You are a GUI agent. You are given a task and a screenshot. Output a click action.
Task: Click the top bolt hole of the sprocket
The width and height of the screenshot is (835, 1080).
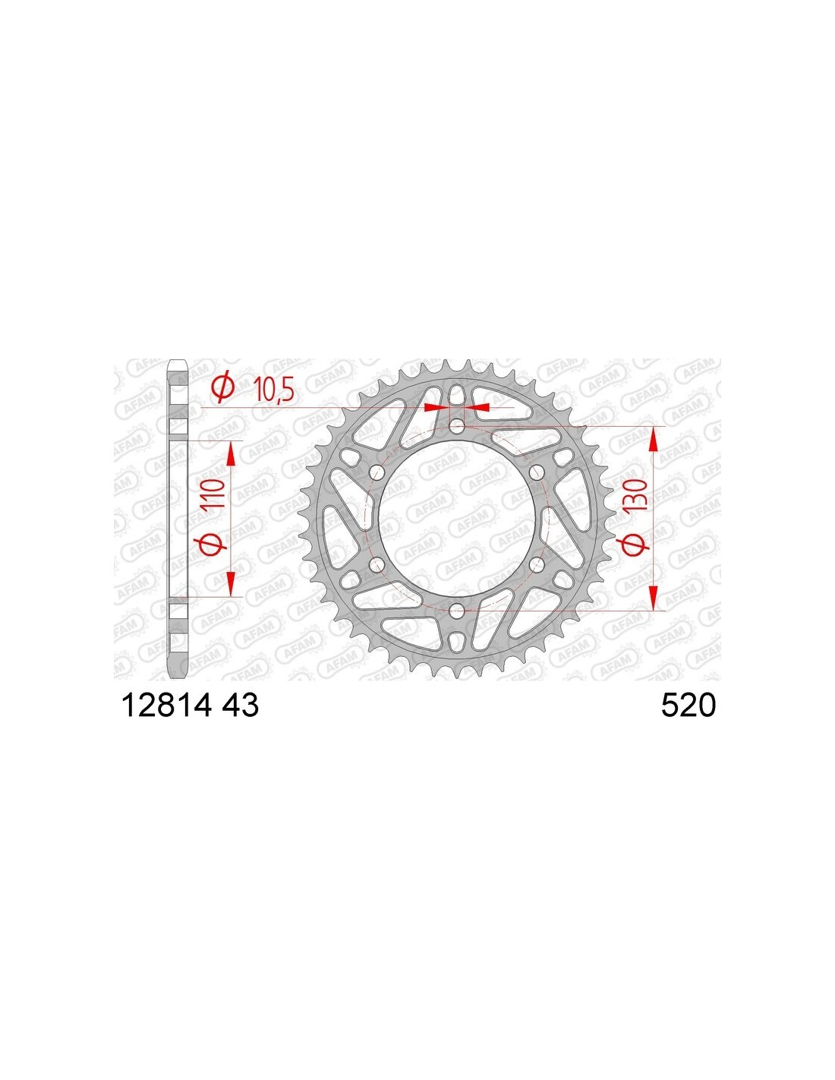(456, 426)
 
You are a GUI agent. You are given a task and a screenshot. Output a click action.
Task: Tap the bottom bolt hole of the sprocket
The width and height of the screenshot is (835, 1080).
(456, 610)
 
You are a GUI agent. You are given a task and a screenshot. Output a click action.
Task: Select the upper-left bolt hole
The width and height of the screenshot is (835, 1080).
(377, 472)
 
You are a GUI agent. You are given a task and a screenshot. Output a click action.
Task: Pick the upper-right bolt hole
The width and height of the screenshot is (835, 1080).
(536, 472)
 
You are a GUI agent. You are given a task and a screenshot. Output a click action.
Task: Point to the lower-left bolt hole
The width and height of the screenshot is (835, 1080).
(377, 564)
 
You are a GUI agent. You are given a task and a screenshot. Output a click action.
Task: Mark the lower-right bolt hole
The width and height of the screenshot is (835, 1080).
(536, 564)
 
